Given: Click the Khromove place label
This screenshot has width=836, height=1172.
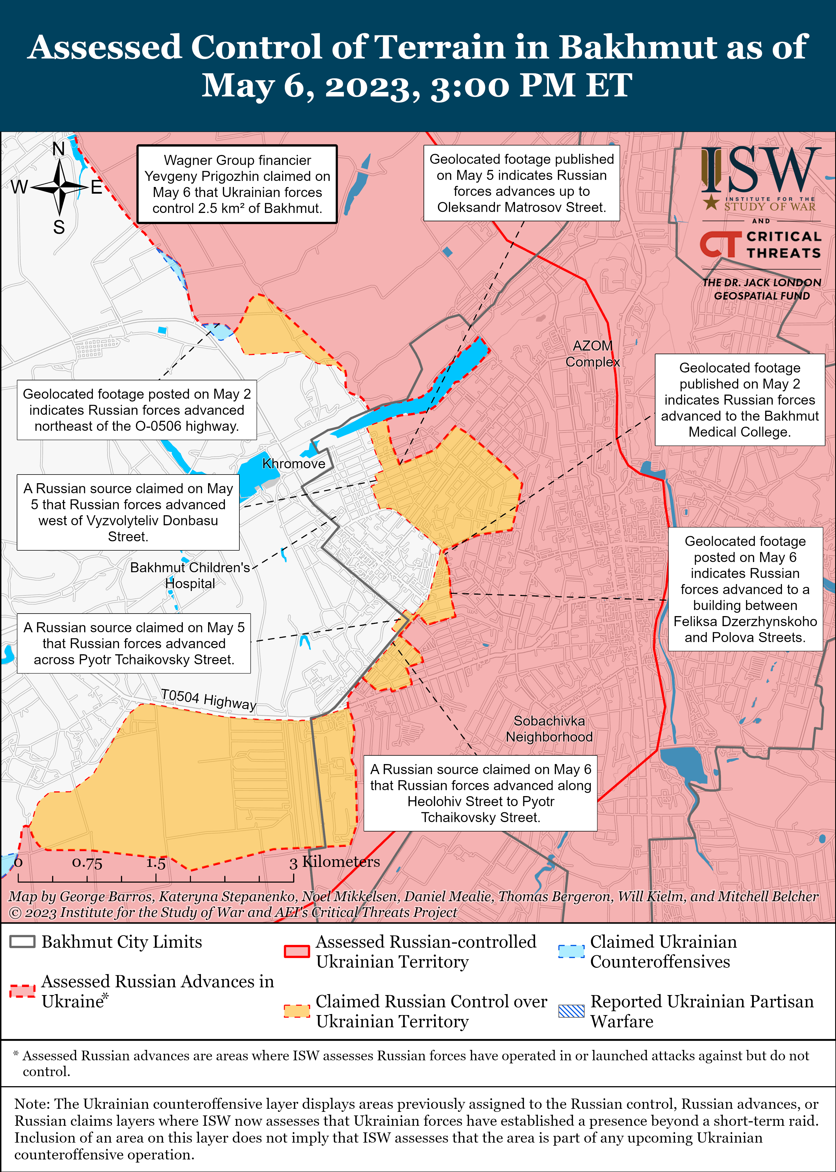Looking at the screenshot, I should [x=293, y=464].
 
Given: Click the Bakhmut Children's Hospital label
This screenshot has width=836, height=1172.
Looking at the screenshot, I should [x=190, y=575].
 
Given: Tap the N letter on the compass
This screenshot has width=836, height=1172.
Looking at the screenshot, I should [x=59, y=149].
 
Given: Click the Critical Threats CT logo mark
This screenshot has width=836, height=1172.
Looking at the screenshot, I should [x=720, y=244].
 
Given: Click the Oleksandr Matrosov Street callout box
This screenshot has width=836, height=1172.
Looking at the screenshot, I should [x=521, y=183].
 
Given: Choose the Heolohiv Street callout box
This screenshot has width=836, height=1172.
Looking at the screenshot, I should [x=480, y=793].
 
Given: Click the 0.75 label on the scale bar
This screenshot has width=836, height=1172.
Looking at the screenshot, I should [x=87, y=863].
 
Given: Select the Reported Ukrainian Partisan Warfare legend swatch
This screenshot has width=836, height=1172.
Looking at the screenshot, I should [x=571, y=1011].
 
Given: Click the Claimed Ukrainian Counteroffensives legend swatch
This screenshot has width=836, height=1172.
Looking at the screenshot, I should [x=571, y=951].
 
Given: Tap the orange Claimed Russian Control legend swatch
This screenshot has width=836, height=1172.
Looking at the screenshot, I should [x=297, y=1011].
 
